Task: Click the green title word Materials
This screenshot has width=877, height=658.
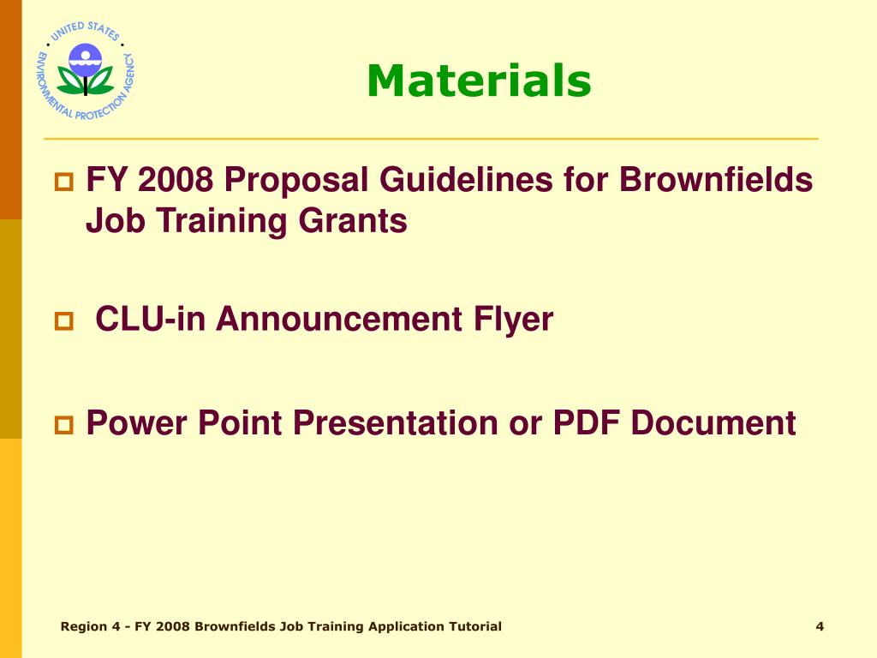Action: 479,81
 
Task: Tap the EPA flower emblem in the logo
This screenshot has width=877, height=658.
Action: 86,69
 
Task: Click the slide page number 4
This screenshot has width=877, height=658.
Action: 820,626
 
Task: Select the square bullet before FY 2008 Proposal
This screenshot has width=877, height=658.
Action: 65,182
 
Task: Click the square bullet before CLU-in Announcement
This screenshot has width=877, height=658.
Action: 65,322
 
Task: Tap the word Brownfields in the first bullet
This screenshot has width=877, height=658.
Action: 715,181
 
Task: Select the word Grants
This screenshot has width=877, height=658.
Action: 353,221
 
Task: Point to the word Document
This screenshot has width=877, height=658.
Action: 714,422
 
